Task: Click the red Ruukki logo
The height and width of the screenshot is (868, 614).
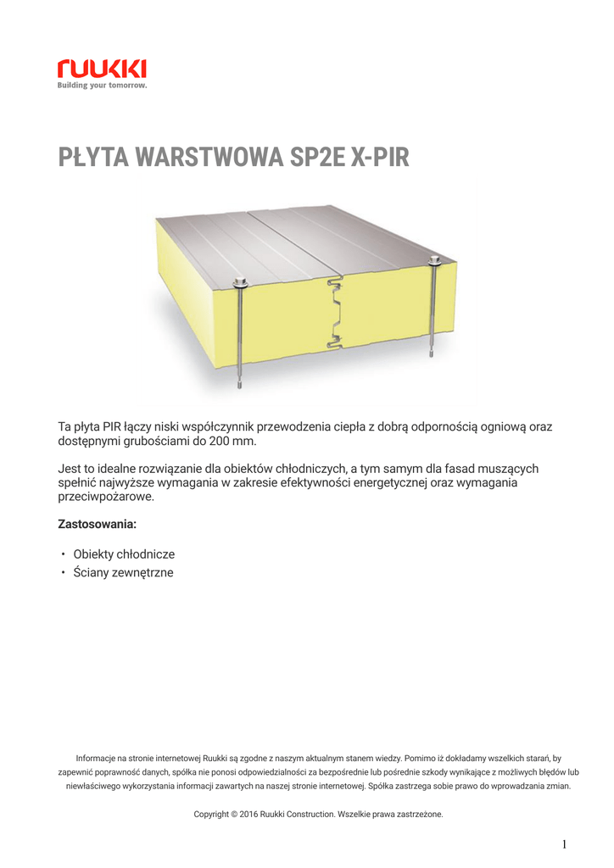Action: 102,68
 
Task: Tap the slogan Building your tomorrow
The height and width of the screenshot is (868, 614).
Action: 102,86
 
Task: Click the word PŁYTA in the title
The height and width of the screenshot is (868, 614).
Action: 93,158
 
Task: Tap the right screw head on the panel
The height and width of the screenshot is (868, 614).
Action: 436,259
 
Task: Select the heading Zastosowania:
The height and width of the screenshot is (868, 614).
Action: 97,524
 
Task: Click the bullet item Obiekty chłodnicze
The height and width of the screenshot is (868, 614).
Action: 124,554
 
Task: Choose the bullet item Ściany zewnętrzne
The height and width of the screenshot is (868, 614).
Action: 123,573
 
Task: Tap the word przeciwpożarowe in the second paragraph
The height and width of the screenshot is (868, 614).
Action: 105,498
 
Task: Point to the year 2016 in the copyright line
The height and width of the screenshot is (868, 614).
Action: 249,815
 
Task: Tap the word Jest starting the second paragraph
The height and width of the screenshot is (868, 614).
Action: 69,468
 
